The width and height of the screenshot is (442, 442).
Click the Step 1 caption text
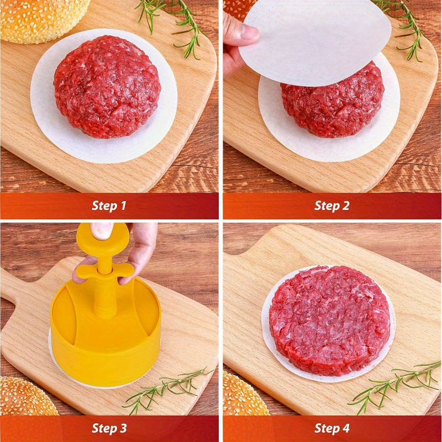(x=109, y=206)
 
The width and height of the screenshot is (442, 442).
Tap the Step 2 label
(x=332, y=206)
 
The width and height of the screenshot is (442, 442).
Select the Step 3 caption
(x=109, y=428)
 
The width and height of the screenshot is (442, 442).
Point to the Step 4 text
(x=332, y=428)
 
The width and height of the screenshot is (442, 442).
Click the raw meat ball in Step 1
(x=107, y=87)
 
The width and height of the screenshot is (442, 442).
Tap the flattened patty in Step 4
(x=329, y=320)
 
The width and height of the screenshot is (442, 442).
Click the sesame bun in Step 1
(x=43, y=20)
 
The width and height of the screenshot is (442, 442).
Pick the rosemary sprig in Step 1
(x=172, y=25)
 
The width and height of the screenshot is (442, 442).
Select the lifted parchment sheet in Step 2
(x=315, y=43)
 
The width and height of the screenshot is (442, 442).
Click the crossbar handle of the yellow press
(x=105, y=270)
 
